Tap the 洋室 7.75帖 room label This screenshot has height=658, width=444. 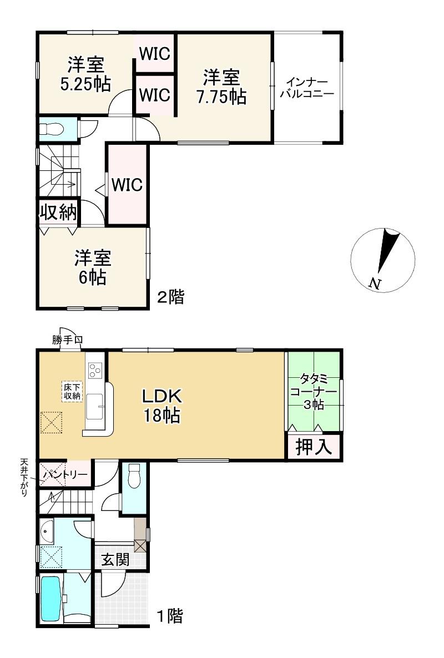tap(221, 87)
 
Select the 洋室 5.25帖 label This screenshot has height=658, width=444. tap(85, 75)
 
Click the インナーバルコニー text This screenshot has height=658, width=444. tap(307, 88)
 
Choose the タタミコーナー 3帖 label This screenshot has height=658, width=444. tap(313, 392)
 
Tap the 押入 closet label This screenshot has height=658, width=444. tap(314, 447)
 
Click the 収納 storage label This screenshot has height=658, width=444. tap(59, 212)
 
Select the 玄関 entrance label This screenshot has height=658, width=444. tap(115, 559)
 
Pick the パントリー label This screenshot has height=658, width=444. tap(64, 474)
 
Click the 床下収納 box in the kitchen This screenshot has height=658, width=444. tap(72, 391)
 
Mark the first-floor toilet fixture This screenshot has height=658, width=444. tap(134, 476)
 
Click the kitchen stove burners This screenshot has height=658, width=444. tap(94, 370)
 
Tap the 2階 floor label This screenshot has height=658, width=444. tap(170, 297)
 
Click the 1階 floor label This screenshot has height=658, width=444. tap(170, 616)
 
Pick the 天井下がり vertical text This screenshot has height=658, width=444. tap(24, 478)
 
